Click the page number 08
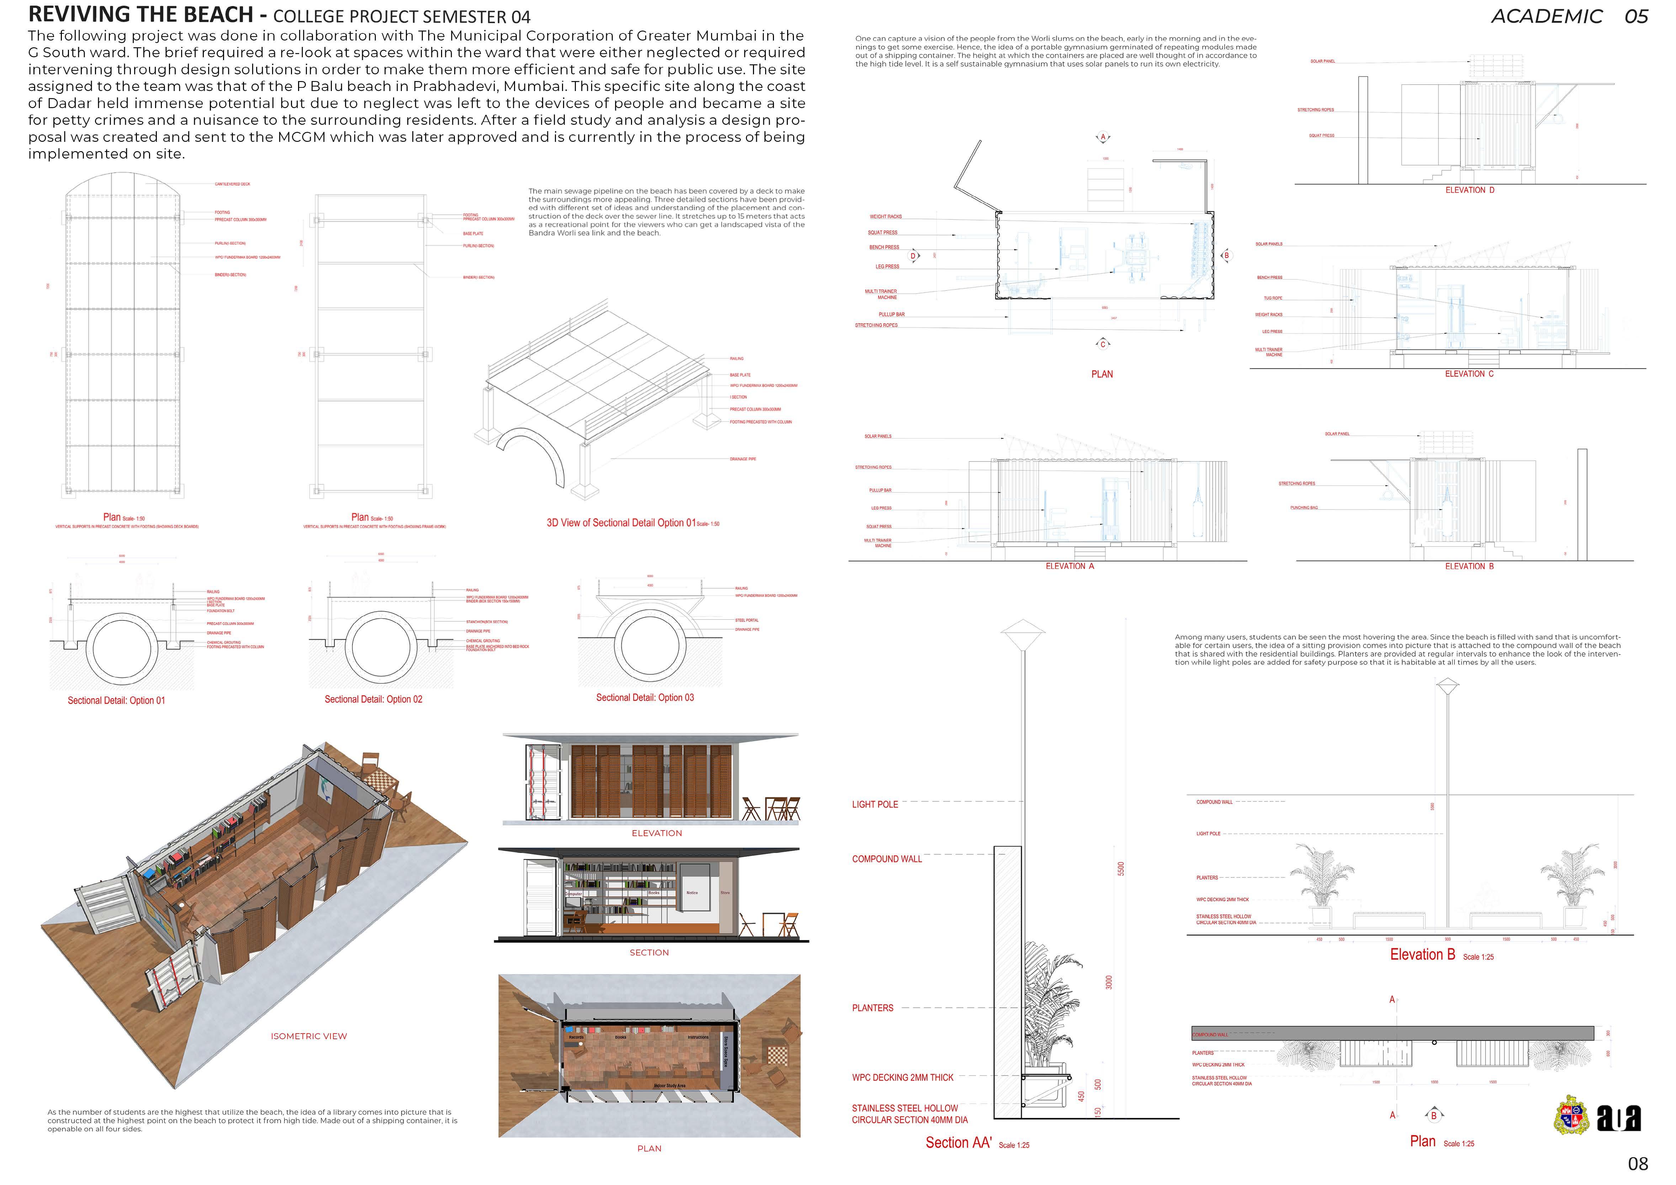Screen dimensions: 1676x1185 (x=1638, y=1164)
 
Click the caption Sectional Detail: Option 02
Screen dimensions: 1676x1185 (x=373, y=699)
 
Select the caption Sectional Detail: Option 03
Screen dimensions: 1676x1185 (x=645, y=698)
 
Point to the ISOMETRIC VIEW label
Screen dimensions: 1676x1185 (x=309, y=1036)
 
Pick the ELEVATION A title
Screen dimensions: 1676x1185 (x=1070, y=566)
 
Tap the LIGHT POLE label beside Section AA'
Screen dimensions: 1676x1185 (x=875, y=804)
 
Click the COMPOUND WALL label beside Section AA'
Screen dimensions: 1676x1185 (x=886, y=859)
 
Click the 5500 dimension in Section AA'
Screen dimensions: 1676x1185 (x=1121, y=868)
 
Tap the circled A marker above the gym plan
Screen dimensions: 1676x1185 (x=1103, y=137)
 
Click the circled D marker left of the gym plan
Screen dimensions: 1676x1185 (x=912, y=256)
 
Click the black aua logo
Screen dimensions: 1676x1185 (x=1618, y=1118)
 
